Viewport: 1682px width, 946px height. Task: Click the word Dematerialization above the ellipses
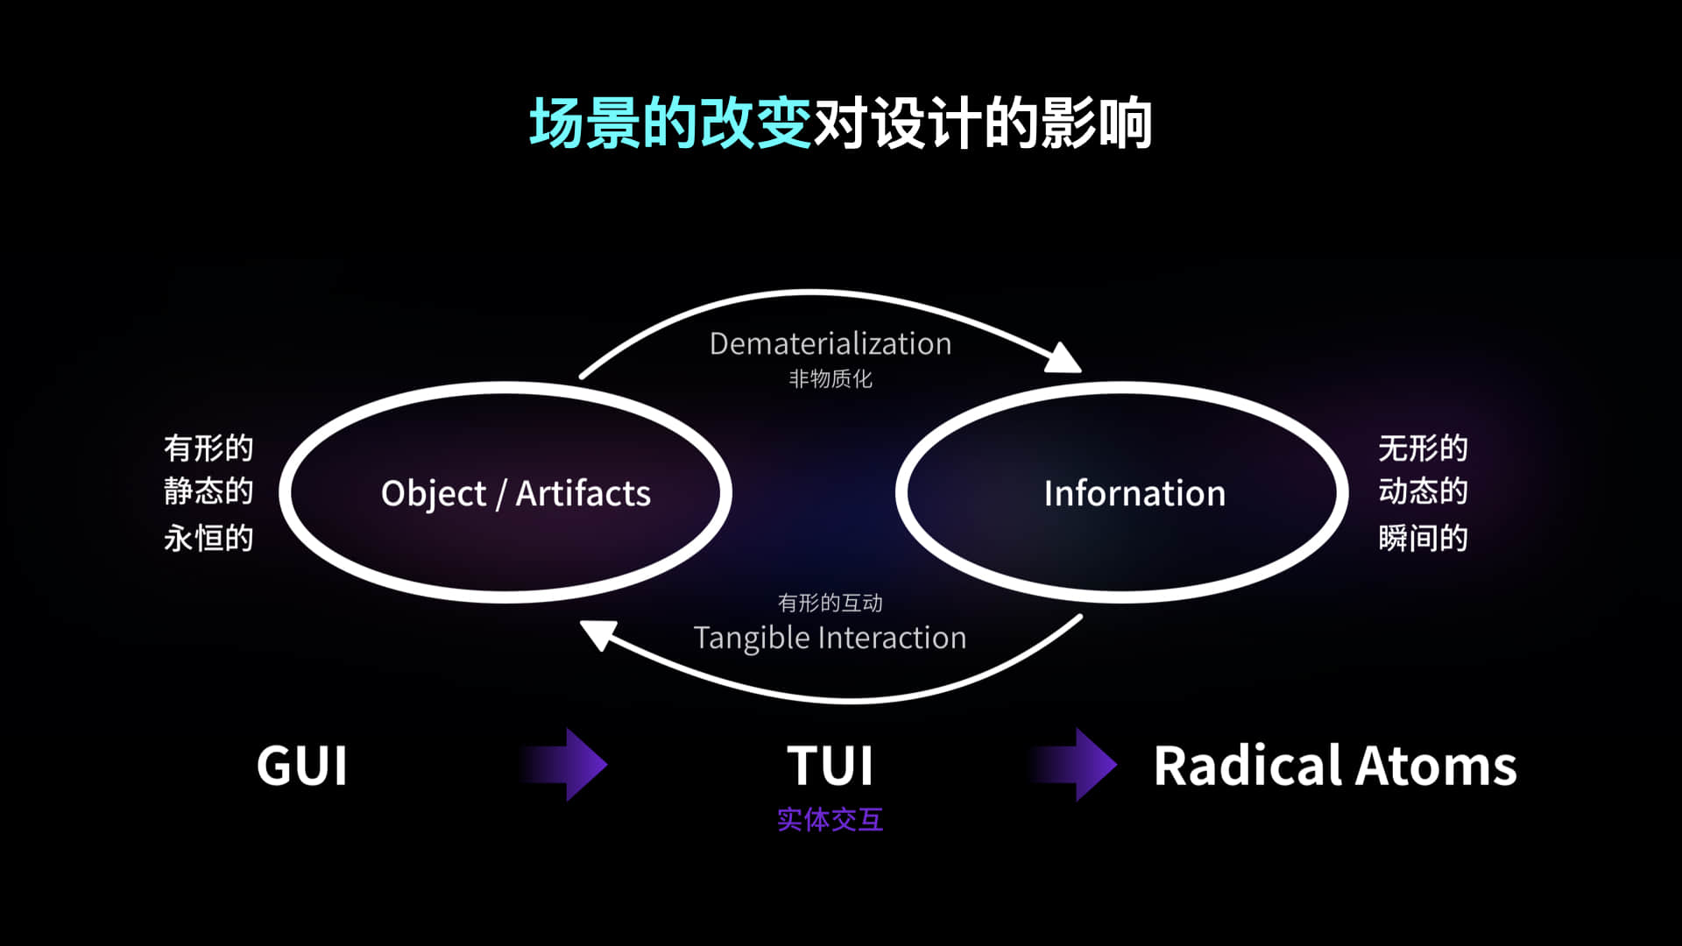[830, 343]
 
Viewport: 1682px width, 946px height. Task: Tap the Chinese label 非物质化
[830, 378]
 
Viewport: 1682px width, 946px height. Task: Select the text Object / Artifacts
[516, 494]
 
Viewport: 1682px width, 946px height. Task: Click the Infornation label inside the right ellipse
[1134, 493]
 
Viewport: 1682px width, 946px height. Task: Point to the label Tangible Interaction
[830, 638]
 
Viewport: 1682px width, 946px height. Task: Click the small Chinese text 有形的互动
[830, 603]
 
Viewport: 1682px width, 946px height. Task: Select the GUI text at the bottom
[302, 766]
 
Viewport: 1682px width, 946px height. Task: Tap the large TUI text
[830, 766]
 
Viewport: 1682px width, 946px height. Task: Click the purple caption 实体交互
[830, 820]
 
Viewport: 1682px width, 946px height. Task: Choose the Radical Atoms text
[1335, 766]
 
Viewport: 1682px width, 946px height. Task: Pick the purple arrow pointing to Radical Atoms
[1073, 765]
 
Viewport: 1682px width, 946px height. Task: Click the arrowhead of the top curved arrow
[1064, 357]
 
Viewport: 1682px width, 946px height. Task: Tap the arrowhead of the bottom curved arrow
[598, 635]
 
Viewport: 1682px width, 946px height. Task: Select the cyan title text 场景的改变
[670, 124]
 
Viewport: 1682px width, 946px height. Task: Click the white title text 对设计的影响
[983, 124]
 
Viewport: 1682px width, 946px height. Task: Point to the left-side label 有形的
[208, 448]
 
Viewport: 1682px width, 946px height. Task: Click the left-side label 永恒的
[208, 538]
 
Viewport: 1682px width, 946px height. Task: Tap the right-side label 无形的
[1423, 448]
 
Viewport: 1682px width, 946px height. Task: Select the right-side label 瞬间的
[1423, 538]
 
